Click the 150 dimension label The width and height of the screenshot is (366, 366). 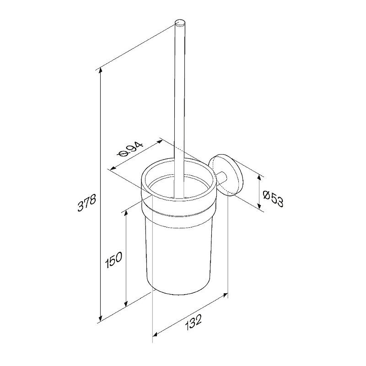point(113,259)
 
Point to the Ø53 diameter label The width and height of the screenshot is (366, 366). point(273,199)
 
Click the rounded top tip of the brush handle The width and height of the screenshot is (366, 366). point(180,23)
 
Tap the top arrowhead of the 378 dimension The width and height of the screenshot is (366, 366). point(101,70)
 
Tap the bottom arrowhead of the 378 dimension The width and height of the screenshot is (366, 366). point(101,318)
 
